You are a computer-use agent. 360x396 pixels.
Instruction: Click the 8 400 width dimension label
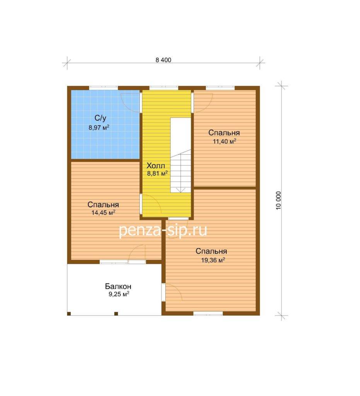coord(163,60)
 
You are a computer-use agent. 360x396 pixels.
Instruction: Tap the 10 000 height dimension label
coord(278,200)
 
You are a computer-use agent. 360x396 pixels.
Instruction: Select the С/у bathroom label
coord(100,118)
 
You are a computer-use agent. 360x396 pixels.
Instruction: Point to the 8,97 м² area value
coord(98,127)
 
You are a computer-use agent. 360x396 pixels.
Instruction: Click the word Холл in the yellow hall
coord(156,166)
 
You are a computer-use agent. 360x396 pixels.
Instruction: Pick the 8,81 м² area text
coord(158,173)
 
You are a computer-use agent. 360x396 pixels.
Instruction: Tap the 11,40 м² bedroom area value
coord(224,141)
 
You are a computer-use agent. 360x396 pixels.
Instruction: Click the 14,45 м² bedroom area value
coord(104,213)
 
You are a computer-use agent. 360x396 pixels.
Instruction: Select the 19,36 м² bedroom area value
coord(213,260)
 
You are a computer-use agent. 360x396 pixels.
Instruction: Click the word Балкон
coord(118,287)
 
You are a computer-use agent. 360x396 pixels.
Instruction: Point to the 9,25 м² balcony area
coord(119,294)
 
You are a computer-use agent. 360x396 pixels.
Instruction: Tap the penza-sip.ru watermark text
coord(163,230)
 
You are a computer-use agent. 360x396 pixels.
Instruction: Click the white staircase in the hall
coord(181,155)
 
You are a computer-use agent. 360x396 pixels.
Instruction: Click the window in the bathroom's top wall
coord(104,88)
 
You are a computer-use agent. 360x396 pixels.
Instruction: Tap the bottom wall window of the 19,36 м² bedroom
coord(208,313)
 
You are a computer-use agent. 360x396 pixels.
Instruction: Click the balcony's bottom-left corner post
coord(69,314)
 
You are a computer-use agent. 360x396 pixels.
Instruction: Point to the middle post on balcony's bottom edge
coord(116,314)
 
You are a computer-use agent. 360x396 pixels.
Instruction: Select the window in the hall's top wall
coord(164,88)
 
